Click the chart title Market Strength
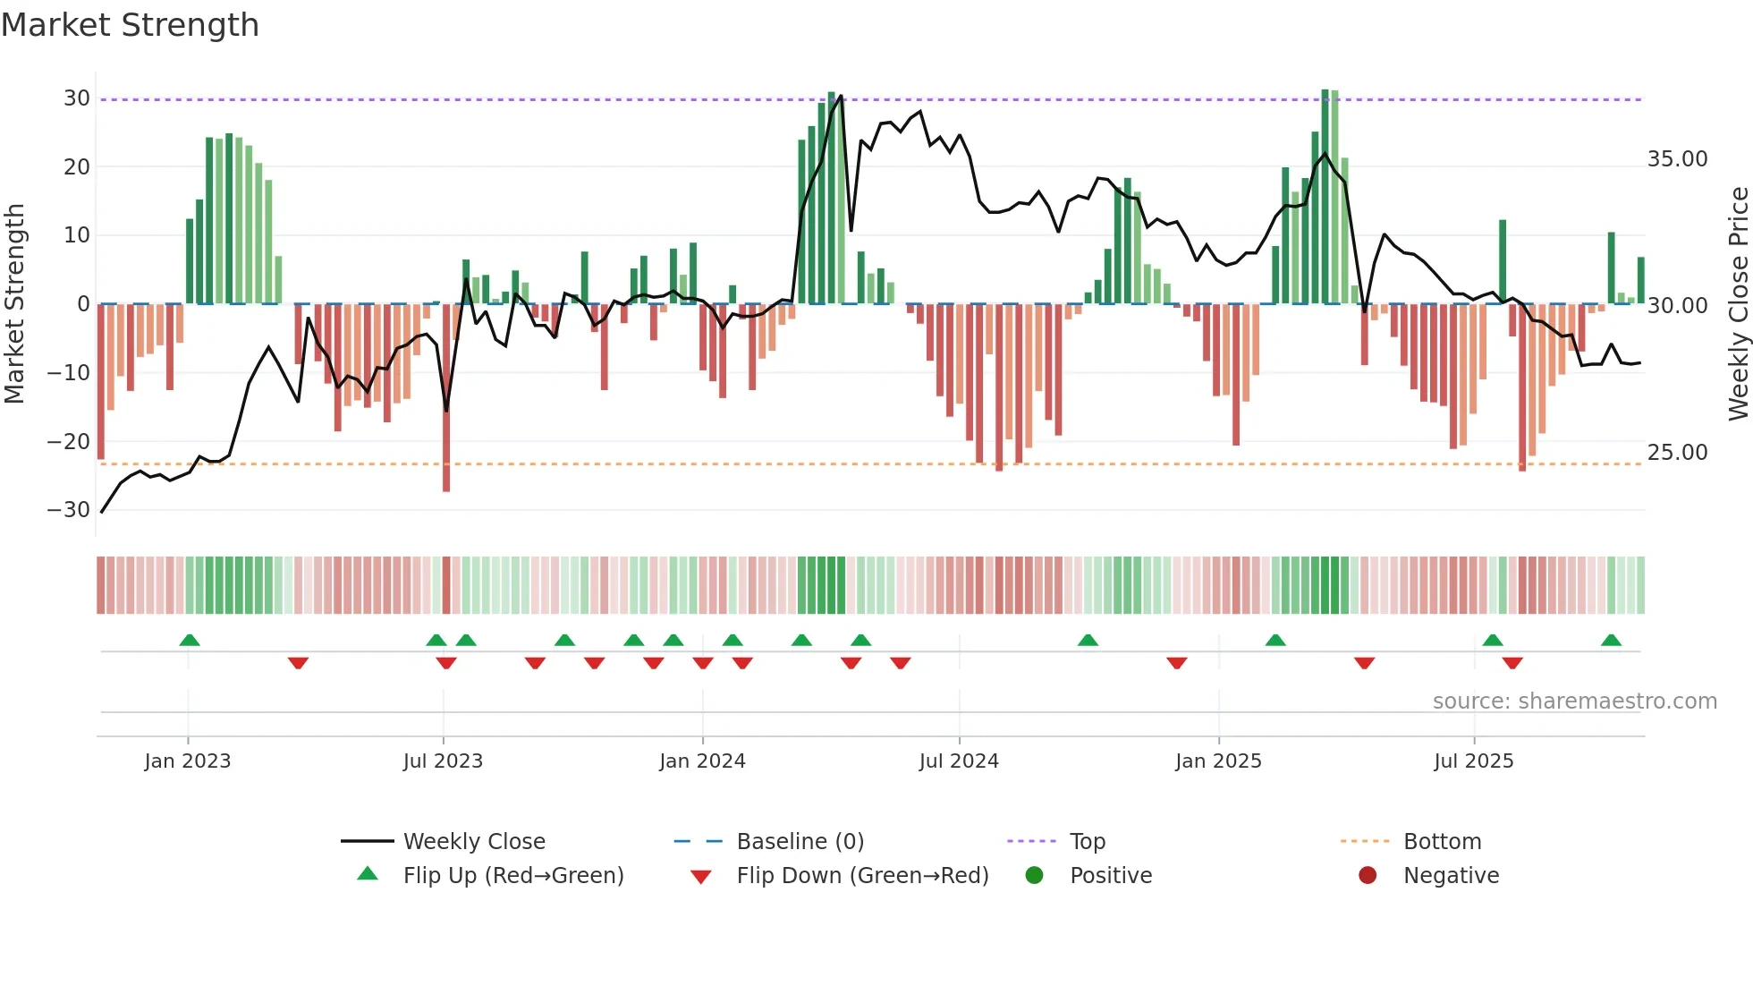131,25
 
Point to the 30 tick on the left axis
76,98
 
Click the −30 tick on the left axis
69,510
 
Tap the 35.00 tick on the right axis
1677,159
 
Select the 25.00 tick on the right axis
1677,453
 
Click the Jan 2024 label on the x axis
702,761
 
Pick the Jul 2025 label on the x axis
1473,761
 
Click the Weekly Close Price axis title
1738,304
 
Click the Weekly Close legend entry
473,842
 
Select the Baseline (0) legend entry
800,842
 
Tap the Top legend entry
1087,842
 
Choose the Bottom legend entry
1442,842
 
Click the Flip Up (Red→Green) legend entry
512,876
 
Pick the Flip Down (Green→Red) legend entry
862,876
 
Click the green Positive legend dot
1034,875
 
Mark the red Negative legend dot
1368,875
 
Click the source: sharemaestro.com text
1574,701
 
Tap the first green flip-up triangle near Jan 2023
190,641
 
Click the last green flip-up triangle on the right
1611,641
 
